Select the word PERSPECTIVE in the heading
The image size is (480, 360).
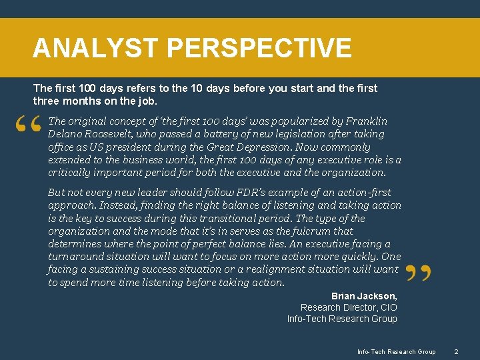[x=259, y=48]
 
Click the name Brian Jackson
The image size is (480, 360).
[x=364, y=295]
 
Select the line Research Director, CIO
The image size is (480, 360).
[x=349, y=307]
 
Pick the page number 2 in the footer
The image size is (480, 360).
[x=456, y=351]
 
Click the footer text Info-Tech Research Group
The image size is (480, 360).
[x=396, y=351]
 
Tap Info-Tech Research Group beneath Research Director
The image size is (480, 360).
[x=342, y=319]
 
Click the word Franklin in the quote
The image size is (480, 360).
[x=365, y=121]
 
